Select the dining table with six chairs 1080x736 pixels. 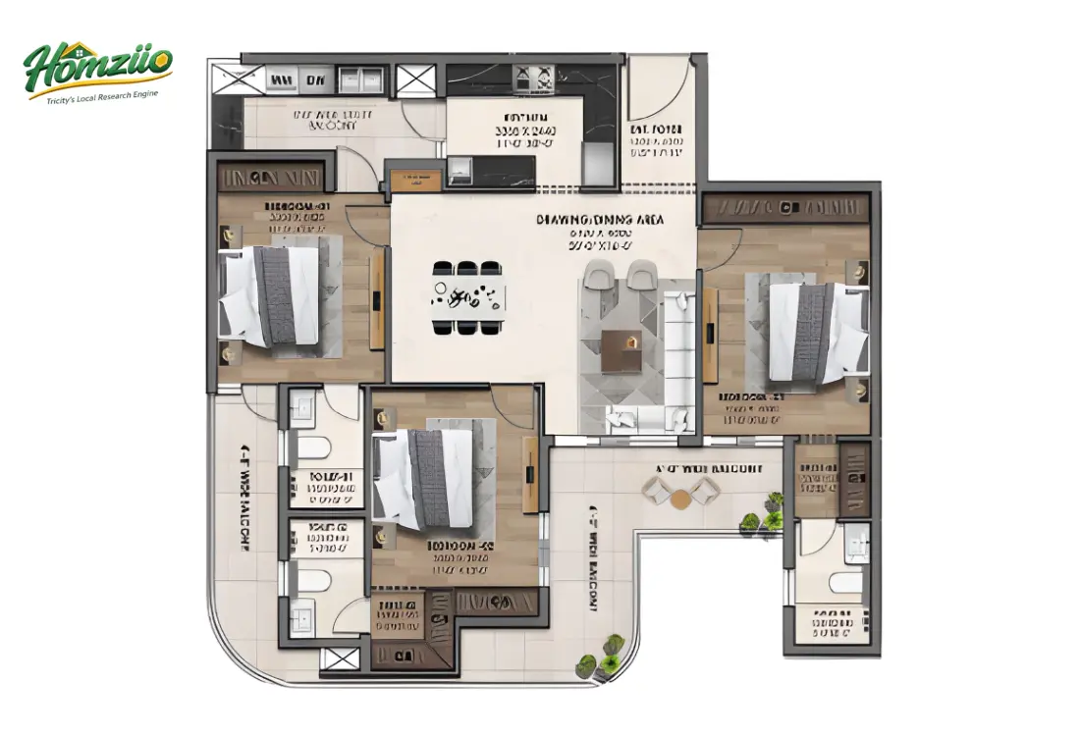click(467, 296)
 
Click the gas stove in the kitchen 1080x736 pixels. click(535, 78)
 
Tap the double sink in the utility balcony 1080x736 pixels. click(359, 79)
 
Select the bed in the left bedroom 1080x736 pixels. click(270, 295)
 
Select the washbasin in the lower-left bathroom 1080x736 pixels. click(301, 618)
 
